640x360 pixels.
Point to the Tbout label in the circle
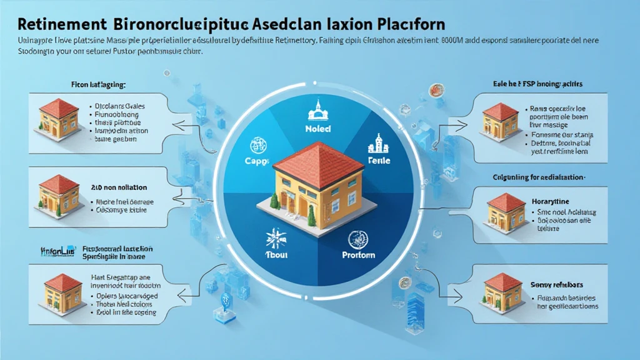pos(273,254)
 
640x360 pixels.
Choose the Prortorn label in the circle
pos(358,254)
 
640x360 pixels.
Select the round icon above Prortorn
pos(358,237)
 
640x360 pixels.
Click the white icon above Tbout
pos(273,237)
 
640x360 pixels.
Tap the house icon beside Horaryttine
pos(506,210)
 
